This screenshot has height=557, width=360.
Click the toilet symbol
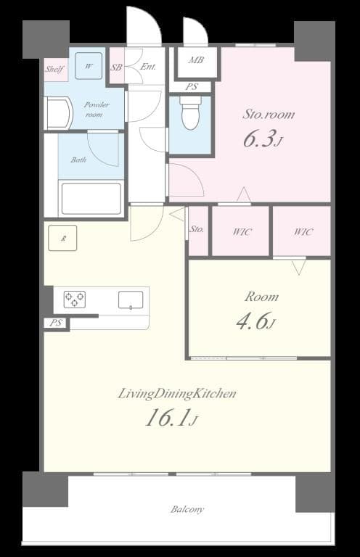(189, 115)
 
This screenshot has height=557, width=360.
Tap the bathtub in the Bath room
(91, 198)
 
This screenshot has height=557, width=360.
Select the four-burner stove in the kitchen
(74, 299)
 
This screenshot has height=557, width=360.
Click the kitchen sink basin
(131, 299)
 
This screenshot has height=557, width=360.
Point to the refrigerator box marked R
(63, 238)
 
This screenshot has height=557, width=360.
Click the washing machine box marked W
(89, 66)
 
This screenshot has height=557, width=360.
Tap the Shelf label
(55, 70)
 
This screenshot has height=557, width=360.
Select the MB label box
(195, 60)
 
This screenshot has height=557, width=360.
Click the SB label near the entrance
(116, 67)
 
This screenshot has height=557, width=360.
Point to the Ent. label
(148, 67)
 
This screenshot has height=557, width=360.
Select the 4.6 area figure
(254, 321)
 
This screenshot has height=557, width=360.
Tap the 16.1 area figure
(171, 418)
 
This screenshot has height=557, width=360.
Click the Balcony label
(187, 509)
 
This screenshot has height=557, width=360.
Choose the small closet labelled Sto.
(197, 231)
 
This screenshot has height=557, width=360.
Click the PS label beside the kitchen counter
(57, 323)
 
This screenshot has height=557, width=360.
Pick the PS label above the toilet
(192, 87)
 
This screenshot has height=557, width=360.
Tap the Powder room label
(97, 110)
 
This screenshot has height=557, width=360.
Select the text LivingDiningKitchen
(178, 394)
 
